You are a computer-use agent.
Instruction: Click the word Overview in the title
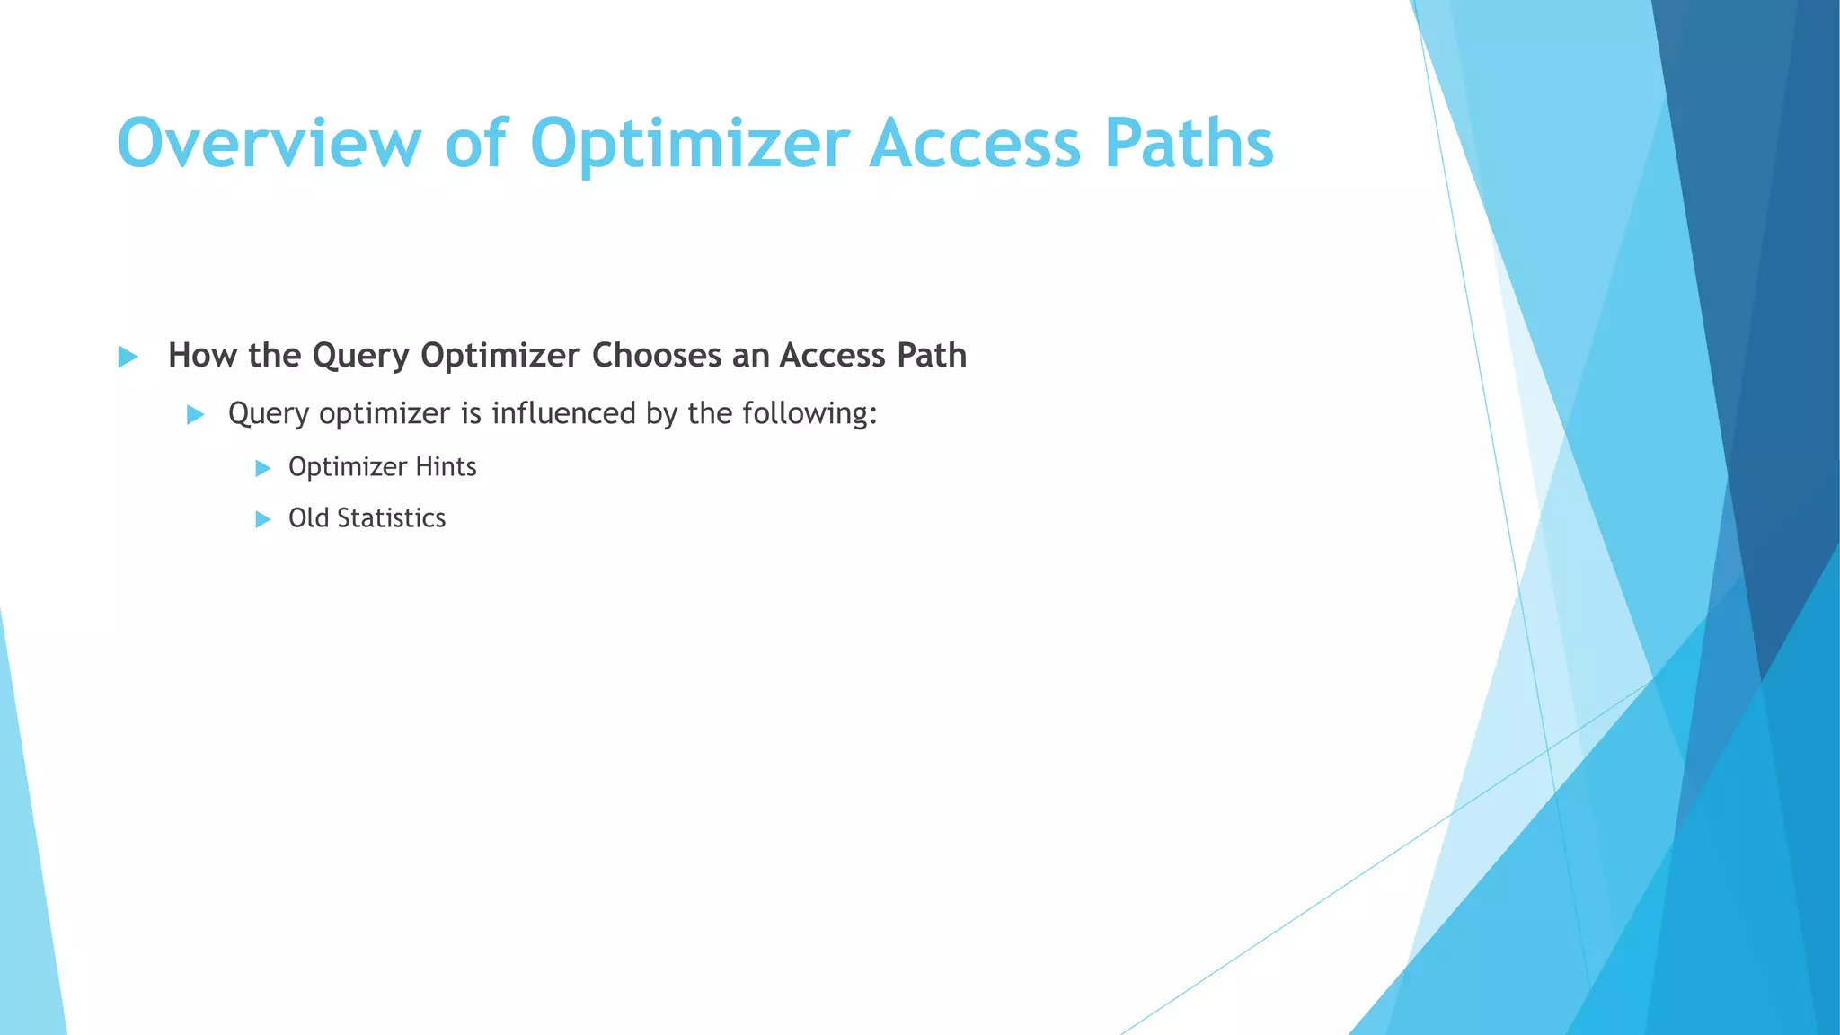[269, 144]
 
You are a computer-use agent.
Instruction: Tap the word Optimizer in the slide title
[689, 144]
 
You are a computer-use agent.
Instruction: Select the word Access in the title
[975, 144]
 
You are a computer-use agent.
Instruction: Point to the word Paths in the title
[1189, 144]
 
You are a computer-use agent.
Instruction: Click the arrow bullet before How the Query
[128, 357]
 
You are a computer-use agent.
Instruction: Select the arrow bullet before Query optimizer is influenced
[195, 414]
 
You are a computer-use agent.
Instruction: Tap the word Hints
[446, 467]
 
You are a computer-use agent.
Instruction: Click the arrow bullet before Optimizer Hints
[262, 468]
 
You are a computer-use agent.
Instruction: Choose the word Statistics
[391, 518]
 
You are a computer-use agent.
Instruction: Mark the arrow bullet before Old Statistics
[262, 519]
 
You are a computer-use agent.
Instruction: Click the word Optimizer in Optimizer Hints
[348, 467]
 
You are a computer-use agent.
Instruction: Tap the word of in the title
[475, 144]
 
